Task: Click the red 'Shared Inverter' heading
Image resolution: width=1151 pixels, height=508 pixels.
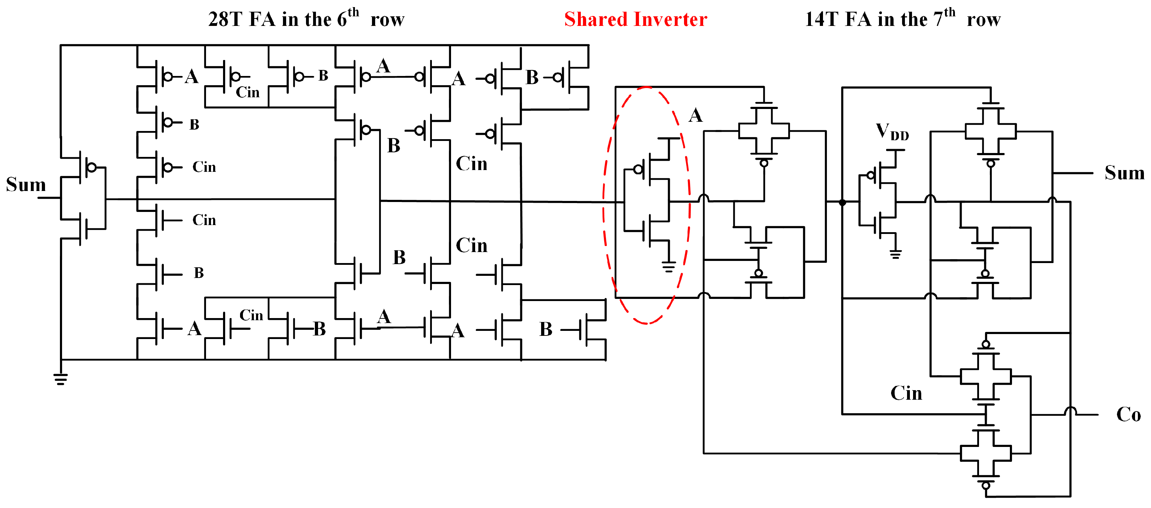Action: pos(635,20)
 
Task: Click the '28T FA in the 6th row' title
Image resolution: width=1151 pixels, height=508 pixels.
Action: pos(306,20)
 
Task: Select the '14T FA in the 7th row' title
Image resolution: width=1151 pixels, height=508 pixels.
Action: pos(902,20)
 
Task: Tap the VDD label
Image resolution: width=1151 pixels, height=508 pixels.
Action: pos(891,132)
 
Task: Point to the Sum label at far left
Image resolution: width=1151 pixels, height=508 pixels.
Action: pos(26,185)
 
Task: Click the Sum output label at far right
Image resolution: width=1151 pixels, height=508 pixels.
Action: pos(1124,173)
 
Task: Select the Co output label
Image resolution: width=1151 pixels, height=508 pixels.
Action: pos(1128,415)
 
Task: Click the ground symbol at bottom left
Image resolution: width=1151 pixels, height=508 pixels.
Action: pos(61,379)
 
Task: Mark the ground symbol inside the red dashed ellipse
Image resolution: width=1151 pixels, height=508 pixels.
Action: pos(668,267)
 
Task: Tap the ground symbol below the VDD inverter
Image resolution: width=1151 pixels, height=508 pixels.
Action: pos(895,254)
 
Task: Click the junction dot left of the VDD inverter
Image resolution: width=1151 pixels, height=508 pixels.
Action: pos(842,203)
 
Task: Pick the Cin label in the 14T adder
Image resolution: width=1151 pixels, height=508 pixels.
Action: pos(906,393)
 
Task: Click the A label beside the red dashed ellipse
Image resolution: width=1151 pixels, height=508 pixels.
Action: pos(695,115)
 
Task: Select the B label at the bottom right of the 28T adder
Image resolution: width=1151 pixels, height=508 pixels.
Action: pos(546,329)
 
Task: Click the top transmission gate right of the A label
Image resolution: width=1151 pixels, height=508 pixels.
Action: pos(764,131)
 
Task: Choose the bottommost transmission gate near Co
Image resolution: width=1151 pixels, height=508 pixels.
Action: pos(986,453)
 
